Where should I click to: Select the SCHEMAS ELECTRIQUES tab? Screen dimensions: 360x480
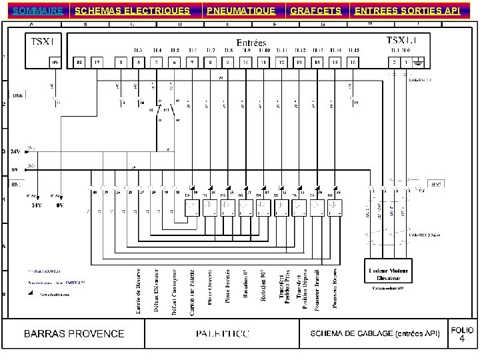click(132, 11)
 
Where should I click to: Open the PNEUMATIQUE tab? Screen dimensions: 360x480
click(240, 11)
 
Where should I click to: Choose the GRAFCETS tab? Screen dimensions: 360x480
click(315, 11)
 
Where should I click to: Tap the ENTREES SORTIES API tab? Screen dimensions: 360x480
click(407, 11)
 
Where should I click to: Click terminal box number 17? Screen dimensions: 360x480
click(97, 62)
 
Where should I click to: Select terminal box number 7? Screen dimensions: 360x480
click(191, 62)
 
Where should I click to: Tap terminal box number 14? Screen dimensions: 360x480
click(317, 62)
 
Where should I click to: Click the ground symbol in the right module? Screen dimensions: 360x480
click(418, 62)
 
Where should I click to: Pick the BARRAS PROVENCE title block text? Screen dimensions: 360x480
click(75, 333)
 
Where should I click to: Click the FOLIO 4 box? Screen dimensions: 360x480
click(462, 335)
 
